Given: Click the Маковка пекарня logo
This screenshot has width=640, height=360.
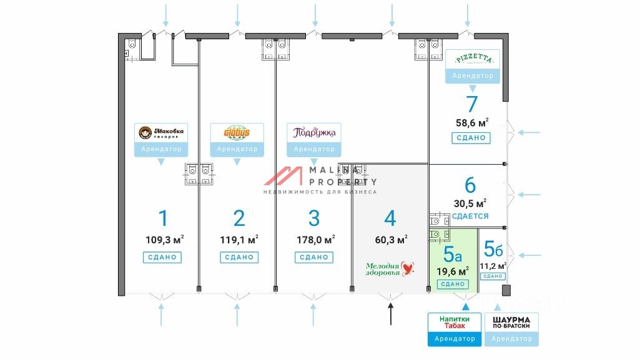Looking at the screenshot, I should tap(161, 133).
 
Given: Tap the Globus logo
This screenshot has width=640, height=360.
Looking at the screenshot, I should tap(237, 133).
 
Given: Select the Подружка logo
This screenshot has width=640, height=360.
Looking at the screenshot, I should tap(314, 133).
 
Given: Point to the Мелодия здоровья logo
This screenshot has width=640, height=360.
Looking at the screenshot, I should tap(390, 269).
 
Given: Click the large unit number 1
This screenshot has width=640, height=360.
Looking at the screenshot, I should tap(163, 218).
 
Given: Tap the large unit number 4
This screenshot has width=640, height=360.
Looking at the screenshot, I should tap(390, 218).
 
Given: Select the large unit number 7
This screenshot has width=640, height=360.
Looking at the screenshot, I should tap(471, 104).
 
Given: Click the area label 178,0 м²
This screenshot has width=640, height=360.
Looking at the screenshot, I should tap(315, 239).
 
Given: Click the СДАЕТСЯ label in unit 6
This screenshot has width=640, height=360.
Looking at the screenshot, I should tap(470, 216).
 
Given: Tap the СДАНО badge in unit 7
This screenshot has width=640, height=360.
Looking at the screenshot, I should tap(471, 138).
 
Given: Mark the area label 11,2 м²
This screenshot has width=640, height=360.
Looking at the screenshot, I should tap(493, 265).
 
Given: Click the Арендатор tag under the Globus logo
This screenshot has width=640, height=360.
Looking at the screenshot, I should tap(237, 150).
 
